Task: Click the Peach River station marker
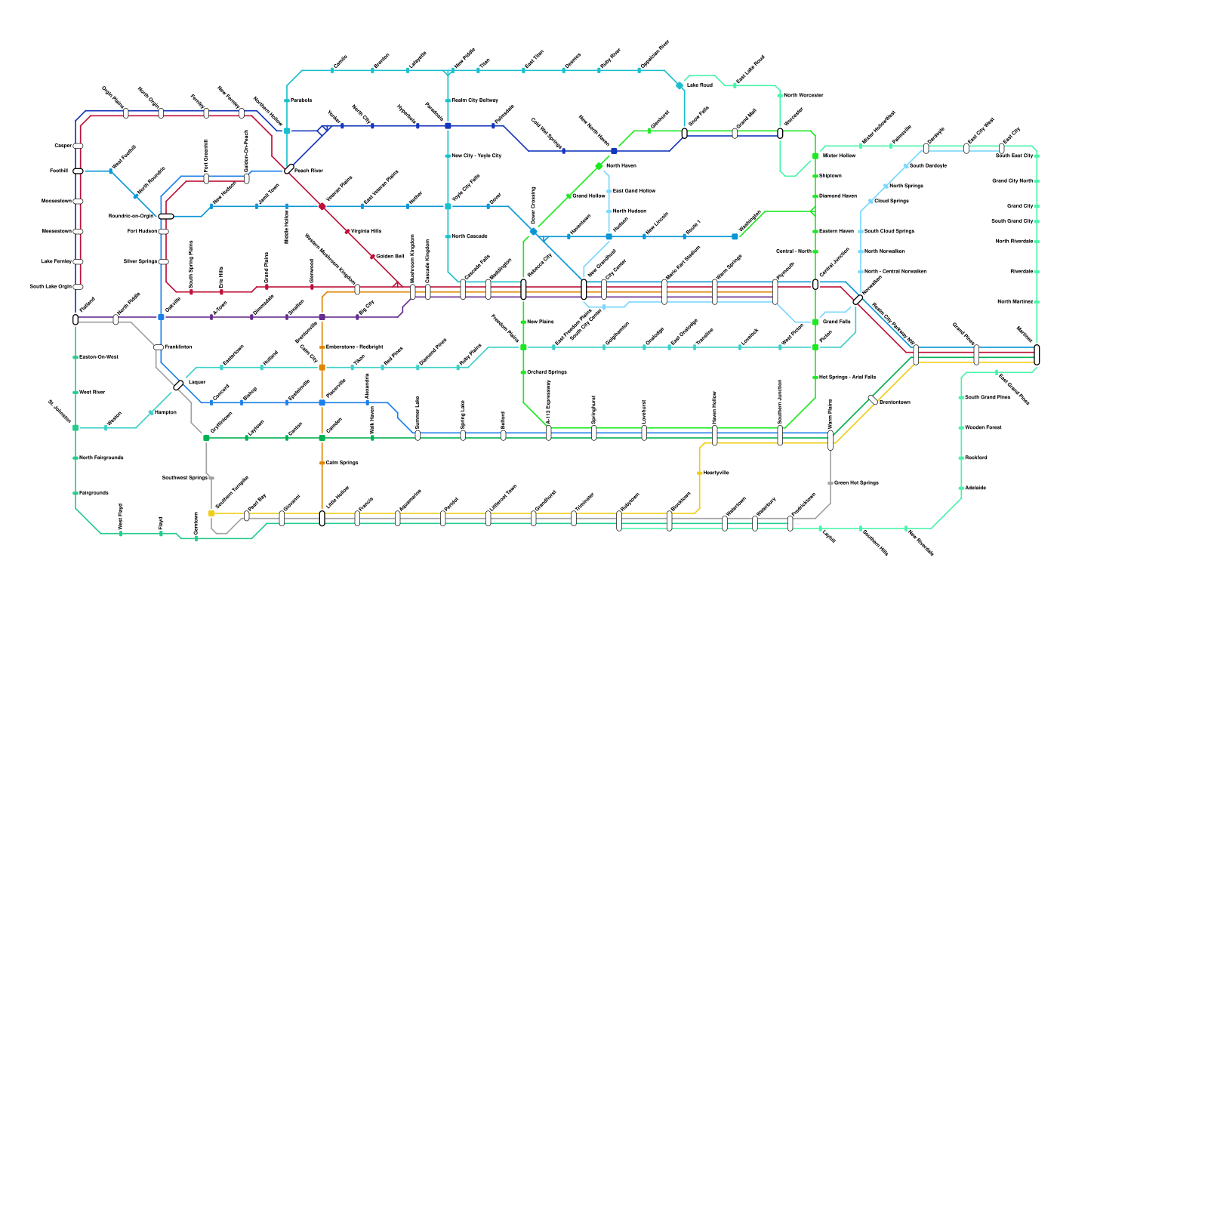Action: tap(289, 169)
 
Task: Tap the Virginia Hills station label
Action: tap(366, 232)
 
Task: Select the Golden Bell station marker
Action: tap(372, 257)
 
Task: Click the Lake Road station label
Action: tap(699, 85)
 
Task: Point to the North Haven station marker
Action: tap(599, 166)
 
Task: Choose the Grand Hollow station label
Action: tap(589, 196)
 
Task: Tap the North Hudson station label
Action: tap(630, 211)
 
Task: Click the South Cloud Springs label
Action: tap(889, 232)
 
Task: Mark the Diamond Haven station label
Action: tap(838, 196)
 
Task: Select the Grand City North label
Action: tap(1012, 181)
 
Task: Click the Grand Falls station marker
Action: tap(815, 322)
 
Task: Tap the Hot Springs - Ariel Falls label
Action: tap(847, 377)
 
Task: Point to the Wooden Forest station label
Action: tap(983, 428)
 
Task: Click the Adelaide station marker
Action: tap(961, 488)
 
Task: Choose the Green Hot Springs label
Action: tap(856, 483)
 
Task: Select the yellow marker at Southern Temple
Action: tap(211, 513)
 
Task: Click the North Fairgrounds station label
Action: tap(101, 458)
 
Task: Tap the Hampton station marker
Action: tap(151, 413)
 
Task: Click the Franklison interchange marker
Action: tap(159, 347)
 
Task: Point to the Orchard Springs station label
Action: tap(547, 372)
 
